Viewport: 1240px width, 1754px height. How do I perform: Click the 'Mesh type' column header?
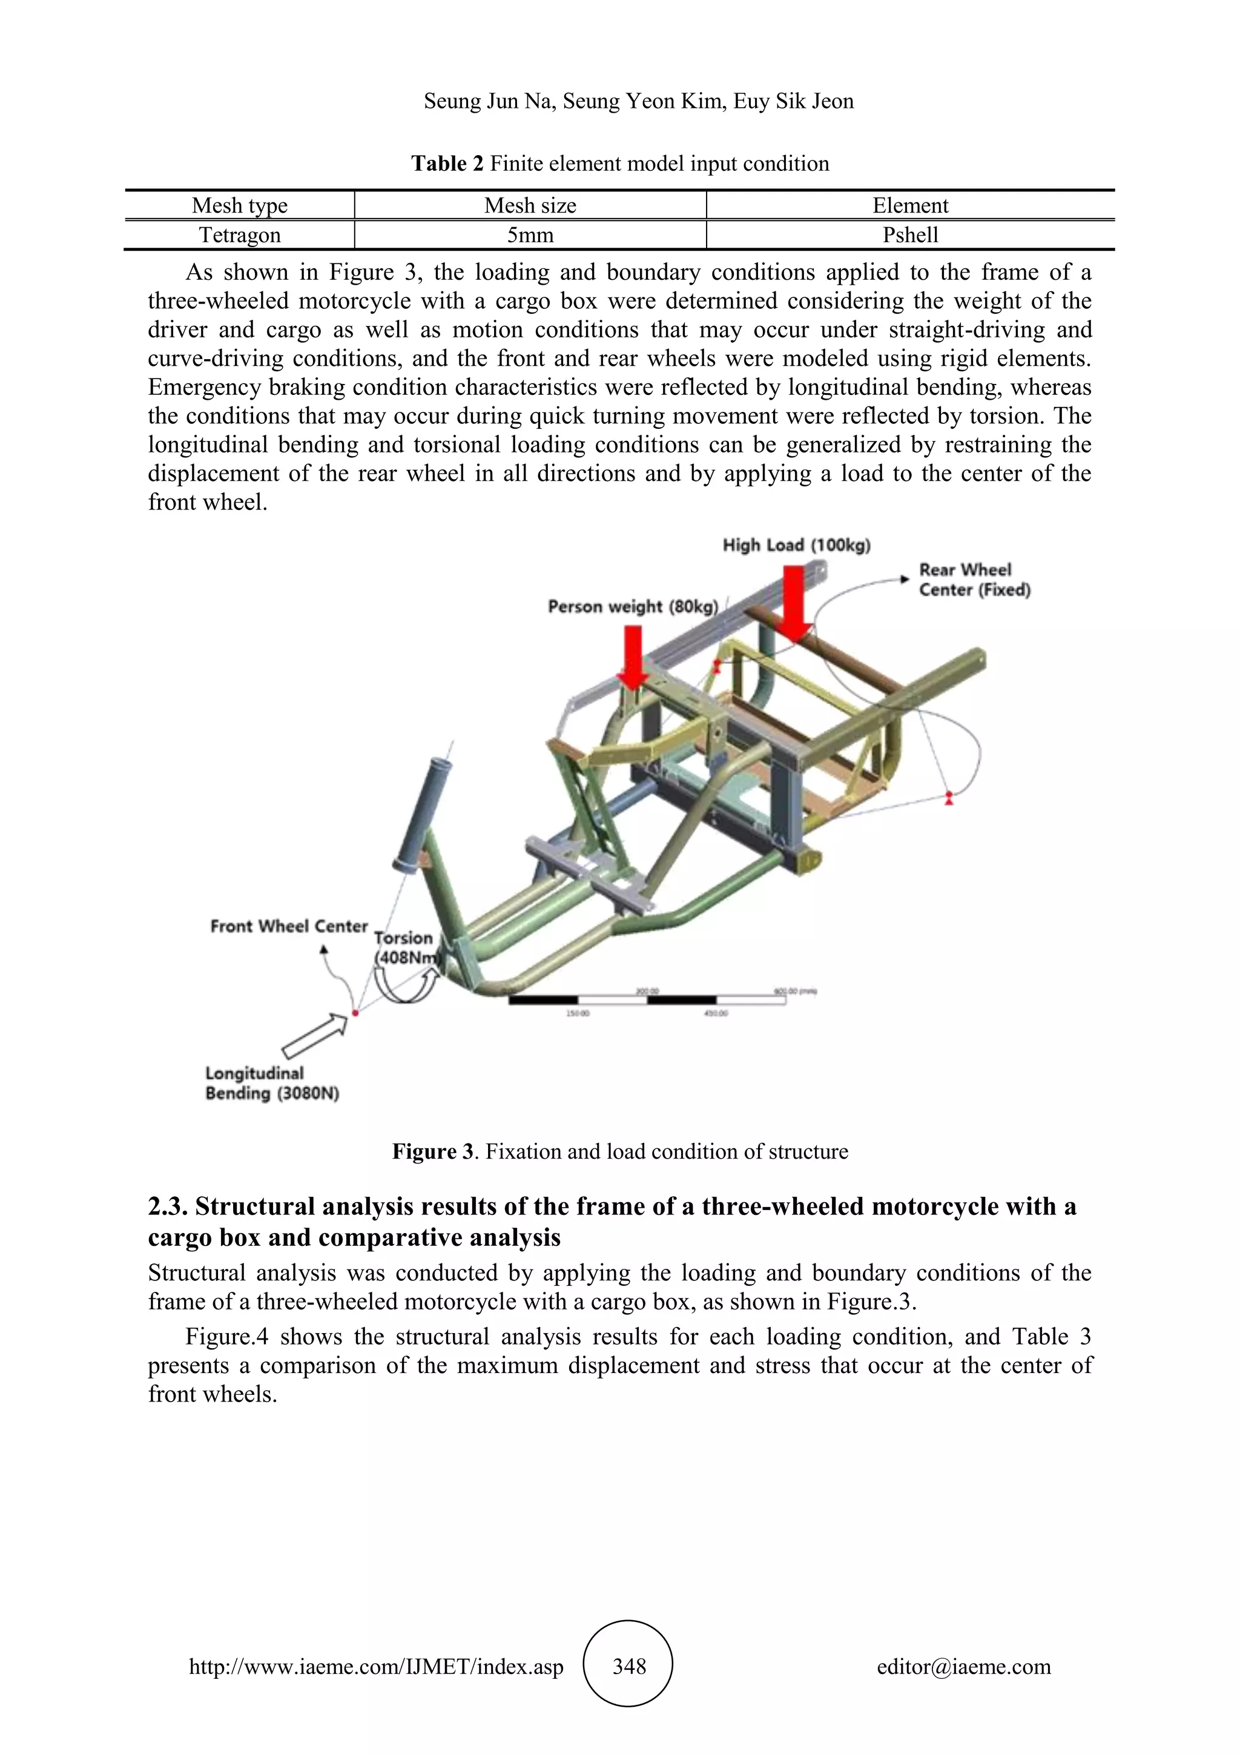[x=239, y=205]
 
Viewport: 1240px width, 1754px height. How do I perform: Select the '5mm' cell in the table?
[x=530, y=235]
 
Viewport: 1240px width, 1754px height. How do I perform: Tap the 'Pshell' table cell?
[x=910, y=235]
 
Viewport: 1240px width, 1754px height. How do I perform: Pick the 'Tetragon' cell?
[x=239, y=235]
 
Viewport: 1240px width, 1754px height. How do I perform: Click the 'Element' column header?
[x=910, y=205]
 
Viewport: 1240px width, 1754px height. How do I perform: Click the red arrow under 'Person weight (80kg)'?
[x=633, y=656]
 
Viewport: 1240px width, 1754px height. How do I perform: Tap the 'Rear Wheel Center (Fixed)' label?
[x=974, y=580]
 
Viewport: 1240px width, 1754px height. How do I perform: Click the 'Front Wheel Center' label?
[x=289, y=927]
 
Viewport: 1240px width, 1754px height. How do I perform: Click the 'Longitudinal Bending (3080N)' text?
[x=271, y=1084]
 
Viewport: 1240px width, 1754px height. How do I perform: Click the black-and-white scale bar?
[x=647, y=999]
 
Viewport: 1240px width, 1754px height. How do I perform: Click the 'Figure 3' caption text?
[x=620, y=1151]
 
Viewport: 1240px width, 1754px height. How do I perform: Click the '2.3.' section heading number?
[x=167, y=1207]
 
